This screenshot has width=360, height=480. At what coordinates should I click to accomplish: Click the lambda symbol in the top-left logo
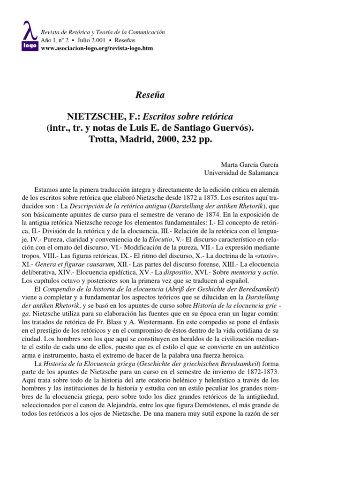[x=30, y=31]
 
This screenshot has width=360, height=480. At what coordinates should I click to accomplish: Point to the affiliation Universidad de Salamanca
[x=240, y=172]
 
